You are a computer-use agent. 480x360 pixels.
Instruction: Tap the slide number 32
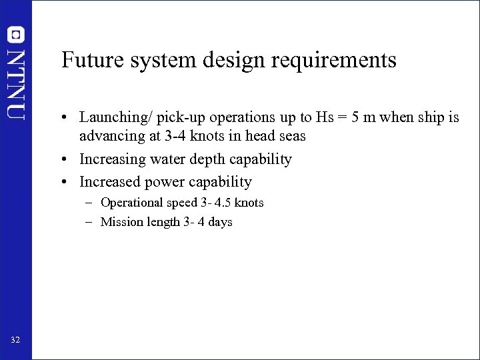point(15,341)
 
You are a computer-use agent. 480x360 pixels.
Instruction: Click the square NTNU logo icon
point(16,34)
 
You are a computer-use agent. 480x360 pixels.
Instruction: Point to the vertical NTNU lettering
point(16,83)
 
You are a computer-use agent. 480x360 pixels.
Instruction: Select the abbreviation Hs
point(325,117)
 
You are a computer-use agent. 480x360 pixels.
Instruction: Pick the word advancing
point(110,136)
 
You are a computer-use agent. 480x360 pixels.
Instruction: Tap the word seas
point(292,136)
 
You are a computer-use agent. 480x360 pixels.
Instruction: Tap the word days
point(219,222)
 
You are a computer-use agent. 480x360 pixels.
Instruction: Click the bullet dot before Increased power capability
point(69,183)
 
